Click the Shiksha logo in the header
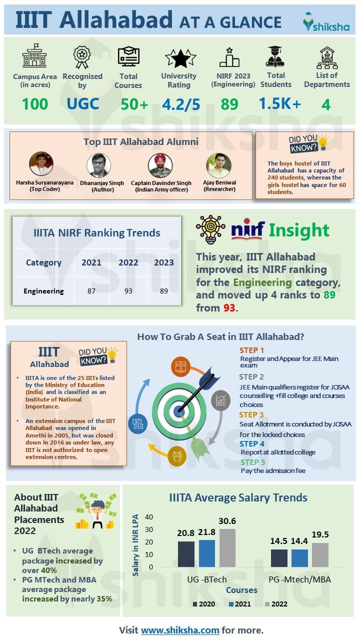[x=326, y=22]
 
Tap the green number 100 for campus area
[x=34, y=104]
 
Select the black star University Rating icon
[x=180, y=58]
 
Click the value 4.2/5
[x=180, y=104]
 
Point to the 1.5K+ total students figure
[x=279, y=103]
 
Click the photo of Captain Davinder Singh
[x=160, y=165]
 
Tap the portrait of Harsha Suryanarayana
[x=41, y=164]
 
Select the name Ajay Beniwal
[x=220, y=182]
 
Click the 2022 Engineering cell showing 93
[x=128, y=291]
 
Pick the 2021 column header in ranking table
[x=91, y=262]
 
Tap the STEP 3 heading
[x=251, y=414]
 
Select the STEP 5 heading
[x=252, y=462]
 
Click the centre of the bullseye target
[x=178, y=411]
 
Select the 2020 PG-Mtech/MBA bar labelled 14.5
[x=279, y=558]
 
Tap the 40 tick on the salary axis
[x=149, y=517]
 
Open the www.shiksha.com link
[x=180, y=630]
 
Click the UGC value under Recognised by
[x=82, y=104]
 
